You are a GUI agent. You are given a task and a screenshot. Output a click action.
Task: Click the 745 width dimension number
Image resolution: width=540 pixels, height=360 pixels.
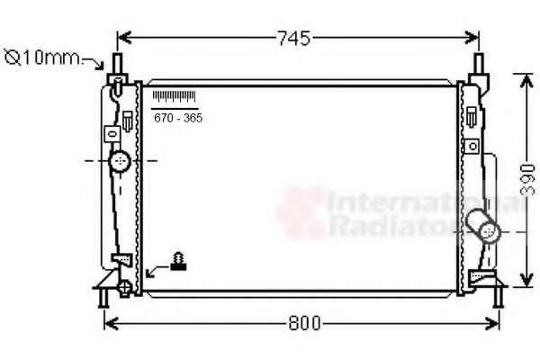coord(293,38)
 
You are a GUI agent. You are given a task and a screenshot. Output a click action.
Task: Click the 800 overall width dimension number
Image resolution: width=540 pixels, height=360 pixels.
coord(304,323)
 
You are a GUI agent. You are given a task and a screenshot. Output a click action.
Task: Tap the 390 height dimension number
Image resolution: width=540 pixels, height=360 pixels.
coord(527,180)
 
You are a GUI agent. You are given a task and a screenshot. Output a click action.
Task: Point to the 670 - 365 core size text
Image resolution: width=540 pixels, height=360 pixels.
coord(178,118)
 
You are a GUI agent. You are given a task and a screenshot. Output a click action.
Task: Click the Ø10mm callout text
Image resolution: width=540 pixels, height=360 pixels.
coord(42,58)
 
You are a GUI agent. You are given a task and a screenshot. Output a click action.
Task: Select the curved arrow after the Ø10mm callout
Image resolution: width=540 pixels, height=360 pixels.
coord(94,63)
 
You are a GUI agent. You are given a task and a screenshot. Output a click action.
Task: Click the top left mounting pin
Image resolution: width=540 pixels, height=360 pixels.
coord(118,63)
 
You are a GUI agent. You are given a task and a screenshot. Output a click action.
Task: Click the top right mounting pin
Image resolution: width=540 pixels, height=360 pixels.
coord(479,63)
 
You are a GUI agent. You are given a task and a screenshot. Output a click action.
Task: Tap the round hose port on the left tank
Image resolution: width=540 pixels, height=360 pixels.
coord(120,161)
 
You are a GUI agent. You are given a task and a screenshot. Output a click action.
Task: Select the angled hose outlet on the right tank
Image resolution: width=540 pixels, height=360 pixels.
coord(482,226)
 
